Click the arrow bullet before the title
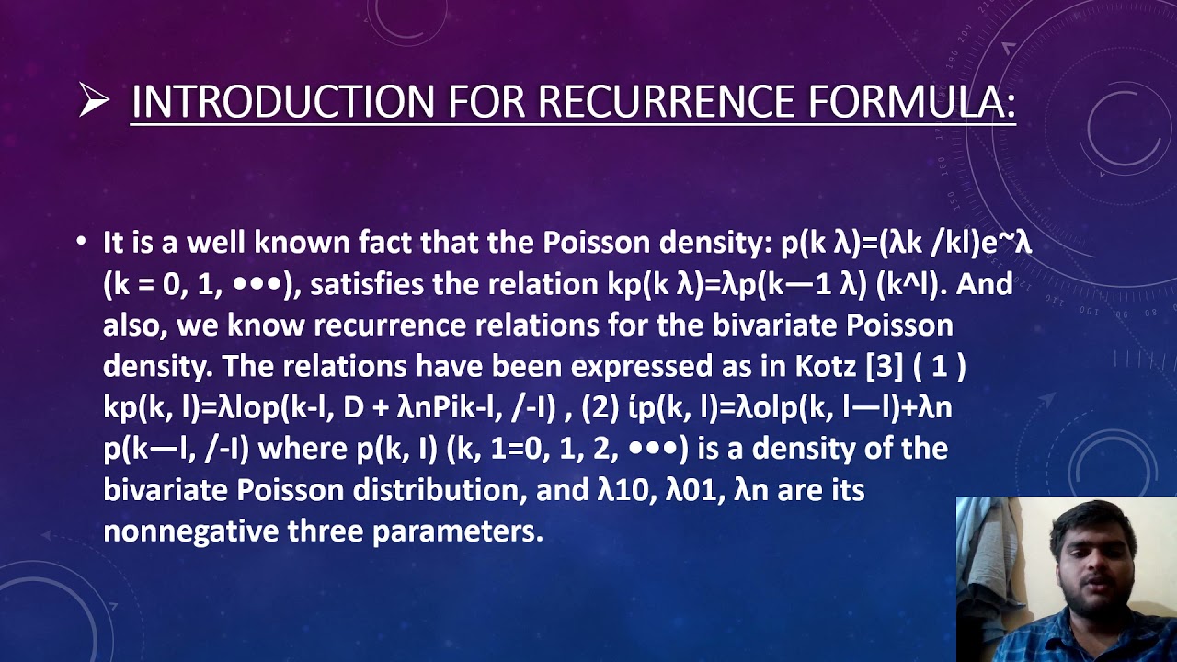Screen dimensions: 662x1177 [94, 100]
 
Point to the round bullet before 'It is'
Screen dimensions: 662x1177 [82, 243]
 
